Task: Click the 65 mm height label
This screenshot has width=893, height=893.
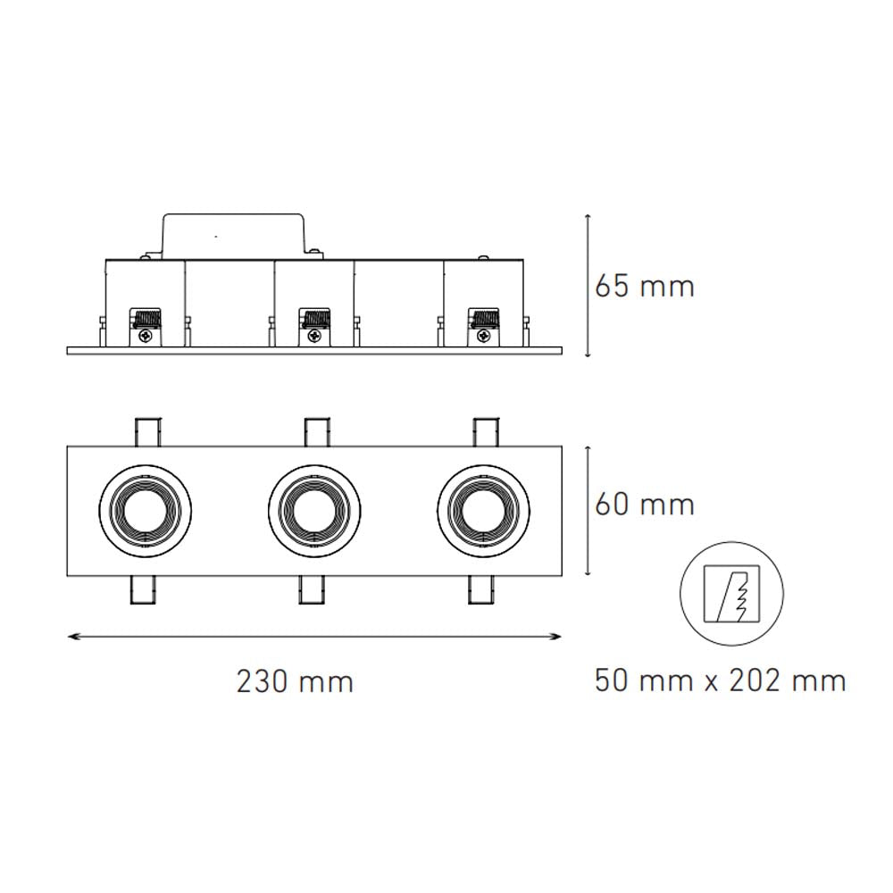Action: [x=644, y=287]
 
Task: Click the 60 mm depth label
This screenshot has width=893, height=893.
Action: [x=644, y=505]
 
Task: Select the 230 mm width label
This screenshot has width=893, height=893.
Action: [x=295, y=682]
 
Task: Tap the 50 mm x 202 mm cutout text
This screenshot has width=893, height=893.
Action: [x=720, y=681]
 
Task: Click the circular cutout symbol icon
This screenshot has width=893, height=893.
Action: [x=732, y=593]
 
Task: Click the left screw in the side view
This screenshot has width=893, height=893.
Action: [x=145, y=336]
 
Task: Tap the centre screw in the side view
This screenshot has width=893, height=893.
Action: [x=314, y=336]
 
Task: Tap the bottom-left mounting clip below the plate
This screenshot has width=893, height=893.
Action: [x=144, y=590]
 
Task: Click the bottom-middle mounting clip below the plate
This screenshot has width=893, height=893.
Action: [x=313, y=590]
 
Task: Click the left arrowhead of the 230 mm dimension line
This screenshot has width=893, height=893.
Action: [x=72, y=636]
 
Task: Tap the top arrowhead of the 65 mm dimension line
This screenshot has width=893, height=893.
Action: [x=587, y=218]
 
